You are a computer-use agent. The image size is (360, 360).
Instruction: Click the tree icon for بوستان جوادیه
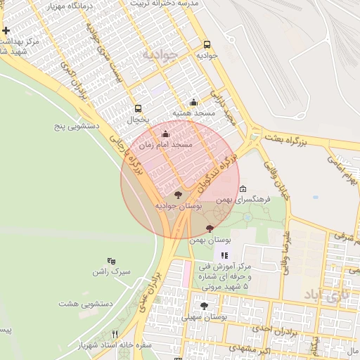[177, 194]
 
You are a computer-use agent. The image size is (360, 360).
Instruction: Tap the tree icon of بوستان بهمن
[210, 229]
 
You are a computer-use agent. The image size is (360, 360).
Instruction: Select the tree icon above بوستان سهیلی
[205, 306]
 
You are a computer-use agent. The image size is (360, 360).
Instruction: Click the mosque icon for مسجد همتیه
[194, 102]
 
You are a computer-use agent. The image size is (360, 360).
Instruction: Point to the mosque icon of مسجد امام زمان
[166, 134]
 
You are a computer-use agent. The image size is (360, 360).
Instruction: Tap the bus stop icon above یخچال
[138, 108]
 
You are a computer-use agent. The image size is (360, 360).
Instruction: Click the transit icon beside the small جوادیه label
[207, 43]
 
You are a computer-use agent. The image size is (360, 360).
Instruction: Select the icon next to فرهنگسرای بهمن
[243, 189]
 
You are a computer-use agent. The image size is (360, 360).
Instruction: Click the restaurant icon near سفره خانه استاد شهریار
[115, 334]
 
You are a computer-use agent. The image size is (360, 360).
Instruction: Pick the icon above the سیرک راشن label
[111, 261]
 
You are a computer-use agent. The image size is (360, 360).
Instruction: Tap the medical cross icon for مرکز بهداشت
[6, 31]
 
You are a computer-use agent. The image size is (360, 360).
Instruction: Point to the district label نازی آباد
[323, 295]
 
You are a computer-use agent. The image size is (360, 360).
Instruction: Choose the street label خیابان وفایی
[271, 176]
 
